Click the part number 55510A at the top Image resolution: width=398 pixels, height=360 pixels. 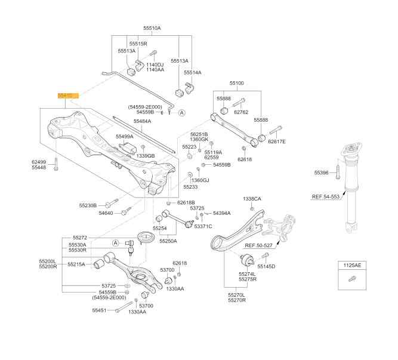[x=152, y=28]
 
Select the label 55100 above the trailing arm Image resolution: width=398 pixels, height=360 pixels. [x=237, y=83]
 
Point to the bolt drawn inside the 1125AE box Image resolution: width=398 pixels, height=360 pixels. [x=351, y=278]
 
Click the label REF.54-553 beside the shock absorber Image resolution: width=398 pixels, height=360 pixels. [x=325, y=196]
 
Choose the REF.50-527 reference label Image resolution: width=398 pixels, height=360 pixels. [x=258, y=245]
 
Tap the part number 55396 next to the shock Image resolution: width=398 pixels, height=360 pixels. [x=322, y=173]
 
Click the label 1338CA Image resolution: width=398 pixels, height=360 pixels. [x=252, y=199]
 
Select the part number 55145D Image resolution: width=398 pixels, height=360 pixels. [x=266, y=266]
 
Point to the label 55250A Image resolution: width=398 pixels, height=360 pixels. [x=168, y=241]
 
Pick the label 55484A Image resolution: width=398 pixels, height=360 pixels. [x=142, y=121]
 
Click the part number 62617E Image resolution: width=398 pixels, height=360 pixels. [x=277, y=141]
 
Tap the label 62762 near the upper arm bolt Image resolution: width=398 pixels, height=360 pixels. [x=241, y=112]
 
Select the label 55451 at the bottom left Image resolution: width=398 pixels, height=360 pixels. [x=99, y=310]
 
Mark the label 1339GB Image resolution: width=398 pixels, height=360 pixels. [x=146, y=156]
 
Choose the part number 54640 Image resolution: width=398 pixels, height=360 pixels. [x=106, y=213]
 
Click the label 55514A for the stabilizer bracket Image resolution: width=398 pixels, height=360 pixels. [x=193, y=72]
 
